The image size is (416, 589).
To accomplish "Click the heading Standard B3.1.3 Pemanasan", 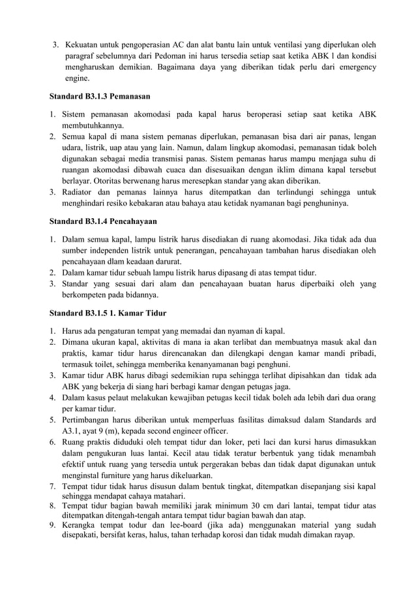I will click(x=100, y=96).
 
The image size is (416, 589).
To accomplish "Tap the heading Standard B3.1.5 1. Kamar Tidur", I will click(x=109, y=312).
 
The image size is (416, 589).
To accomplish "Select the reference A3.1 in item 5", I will click(x=74, y=432).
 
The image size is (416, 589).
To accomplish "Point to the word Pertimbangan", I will click(x=91, y=421).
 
